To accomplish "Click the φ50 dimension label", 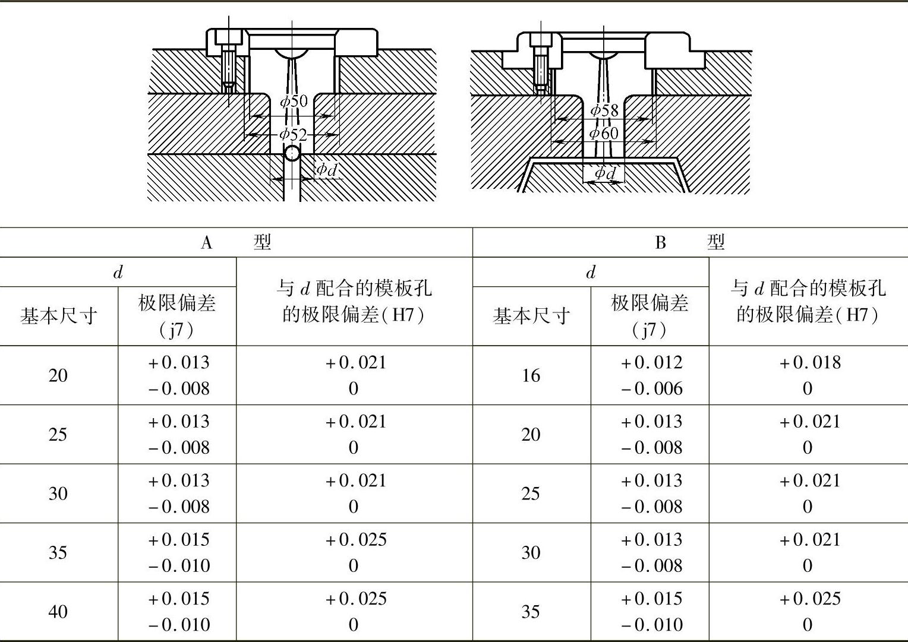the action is [294, 101].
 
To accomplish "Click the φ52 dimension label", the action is [294, 134].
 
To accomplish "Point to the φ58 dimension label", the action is [604, 110].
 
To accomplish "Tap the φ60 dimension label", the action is [604, 133].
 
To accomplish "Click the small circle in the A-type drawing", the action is [292, 153].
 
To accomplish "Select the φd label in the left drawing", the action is [326, 170].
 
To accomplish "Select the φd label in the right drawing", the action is [606, 173].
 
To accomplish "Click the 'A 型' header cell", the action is [236, 242].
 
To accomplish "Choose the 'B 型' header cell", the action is [690, 242].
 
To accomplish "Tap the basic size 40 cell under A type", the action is [58, 611].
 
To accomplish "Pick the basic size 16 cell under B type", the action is [531, 375].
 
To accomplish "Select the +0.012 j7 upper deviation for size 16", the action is [651, 363].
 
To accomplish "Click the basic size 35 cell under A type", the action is [58, 552].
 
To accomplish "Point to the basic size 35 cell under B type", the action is [531, 611].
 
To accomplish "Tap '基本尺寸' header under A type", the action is [58, 316].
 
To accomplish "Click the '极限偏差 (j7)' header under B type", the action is [650, 316].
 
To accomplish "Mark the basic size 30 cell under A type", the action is [58, 494].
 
